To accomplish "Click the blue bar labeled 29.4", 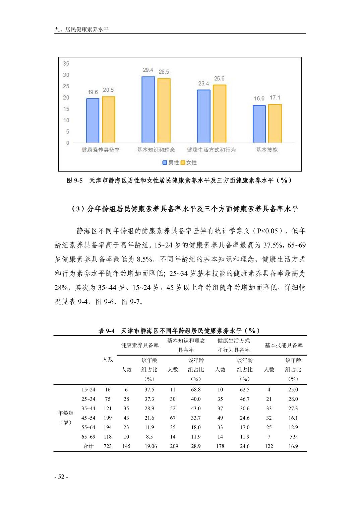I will (148, 110).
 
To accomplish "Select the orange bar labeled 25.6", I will (219, 114).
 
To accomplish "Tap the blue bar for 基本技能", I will (259, 124).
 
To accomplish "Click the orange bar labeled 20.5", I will (108, 120).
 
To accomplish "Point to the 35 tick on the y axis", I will (66, 64).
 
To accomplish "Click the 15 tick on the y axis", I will (66, 109).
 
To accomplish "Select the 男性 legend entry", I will (171, 162).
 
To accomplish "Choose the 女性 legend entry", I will (189, 162).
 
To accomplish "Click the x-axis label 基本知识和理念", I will (156, 150).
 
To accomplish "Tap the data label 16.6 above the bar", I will (259, 98).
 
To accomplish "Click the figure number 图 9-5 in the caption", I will (74, 180).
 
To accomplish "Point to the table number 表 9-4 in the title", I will (106, 331).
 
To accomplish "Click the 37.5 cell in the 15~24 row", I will (149, 389).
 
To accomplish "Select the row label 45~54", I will (88, 418).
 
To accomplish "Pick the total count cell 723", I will (108, 446).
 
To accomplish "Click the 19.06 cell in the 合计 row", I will (151, 446).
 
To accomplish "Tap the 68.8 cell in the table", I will (196, 389).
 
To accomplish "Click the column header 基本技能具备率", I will (284, 345).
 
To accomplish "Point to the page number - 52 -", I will (61, 477).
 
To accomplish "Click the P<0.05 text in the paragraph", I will (267, 231).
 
